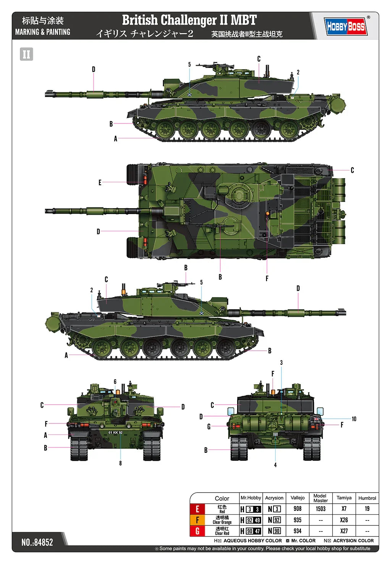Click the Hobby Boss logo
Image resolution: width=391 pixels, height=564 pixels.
346,26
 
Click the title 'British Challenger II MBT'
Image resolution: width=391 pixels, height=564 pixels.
189,20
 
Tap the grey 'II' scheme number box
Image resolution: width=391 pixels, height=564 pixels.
26,54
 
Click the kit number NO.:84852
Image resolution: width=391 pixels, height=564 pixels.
37,542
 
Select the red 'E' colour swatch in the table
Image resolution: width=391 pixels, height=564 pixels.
197,509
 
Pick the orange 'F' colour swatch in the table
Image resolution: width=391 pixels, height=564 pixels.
197,520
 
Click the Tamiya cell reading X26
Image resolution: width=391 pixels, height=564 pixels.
344,520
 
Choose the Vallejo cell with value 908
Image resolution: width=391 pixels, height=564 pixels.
297,509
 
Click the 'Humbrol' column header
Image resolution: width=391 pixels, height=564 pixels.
367,498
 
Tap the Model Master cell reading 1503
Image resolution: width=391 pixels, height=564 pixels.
320,509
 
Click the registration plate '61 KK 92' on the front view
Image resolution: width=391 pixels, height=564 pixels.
115,433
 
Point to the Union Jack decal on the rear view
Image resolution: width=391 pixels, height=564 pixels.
316,419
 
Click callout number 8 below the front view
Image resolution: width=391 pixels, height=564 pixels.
120,463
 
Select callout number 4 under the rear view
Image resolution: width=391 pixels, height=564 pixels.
275,465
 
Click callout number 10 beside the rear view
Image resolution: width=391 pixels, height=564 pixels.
354,419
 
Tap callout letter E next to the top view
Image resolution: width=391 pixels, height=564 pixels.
100,183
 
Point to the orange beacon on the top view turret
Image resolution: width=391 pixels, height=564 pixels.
268,213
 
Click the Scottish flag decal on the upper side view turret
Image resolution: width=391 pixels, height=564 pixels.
189,94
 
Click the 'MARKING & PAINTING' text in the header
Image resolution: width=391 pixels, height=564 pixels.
43,32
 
